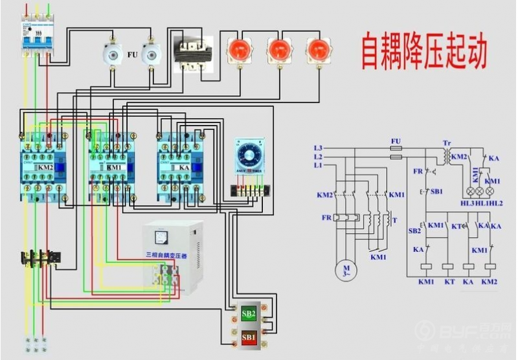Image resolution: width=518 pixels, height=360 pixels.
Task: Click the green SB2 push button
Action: point(249,315)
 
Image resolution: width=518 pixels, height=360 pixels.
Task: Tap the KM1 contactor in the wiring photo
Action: point(112,168)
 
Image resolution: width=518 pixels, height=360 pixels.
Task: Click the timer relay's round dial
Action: point(249,155)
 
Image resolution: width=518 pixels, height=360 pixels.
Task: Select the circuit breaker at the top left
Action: point(35,36)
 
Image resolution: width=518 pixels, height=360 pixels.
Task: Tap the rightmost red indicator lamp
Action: point(317,50)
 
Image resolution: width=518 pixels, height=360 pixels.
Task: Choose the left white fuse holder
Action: point(114,56)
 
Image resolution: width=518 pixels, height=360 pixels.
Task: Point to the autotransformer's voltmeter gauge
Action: point(172,237)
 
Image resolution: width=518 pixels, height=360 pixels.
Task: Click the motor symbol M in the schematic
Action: point(346,269)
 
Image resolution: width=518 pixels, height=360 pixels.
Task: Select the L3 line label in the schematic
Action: point(317,148)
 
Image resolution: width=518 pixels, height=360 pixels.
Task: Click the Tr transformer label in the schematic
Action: point(447,142)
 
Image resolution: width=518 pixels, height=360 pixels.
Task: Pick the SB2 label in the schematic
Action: point(414,230)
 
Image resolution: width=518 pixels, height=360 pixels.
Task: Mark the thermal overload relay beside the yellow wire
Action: point(39,259)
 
